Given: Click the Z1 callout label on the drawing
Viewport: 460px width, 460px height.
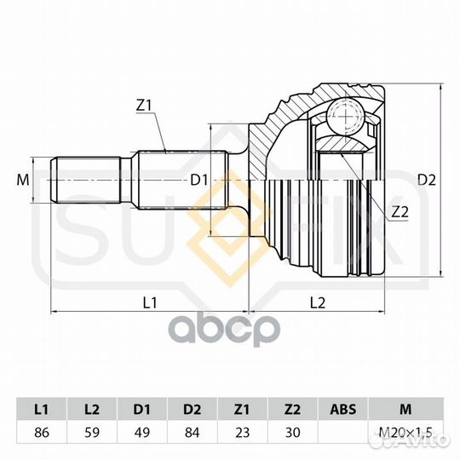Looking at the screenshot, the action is [144, 106].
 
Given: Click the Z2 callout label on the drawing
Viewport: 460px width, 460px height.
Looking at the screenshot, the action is [400, 212].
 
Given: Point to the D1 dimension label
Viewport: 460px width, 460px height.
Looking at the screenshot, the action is [199, 180].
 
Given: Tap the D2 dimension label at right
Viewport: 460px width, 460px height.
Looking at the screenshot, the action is [427, 180].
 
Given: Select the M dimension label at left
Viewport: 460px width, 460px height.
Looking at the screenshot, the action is [23, 180].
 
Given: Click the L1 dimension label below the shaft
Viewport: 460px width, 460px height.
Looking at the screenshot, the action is [150, 302].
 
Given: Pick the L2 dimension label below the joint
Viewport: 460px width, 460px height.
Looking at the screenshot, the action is [318, 302].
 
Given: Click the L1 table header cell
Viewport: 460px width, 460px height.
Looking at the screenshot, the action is [42, 409].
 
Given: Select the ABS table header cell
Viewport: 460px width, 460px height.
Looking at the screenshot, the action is [343, 409].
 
